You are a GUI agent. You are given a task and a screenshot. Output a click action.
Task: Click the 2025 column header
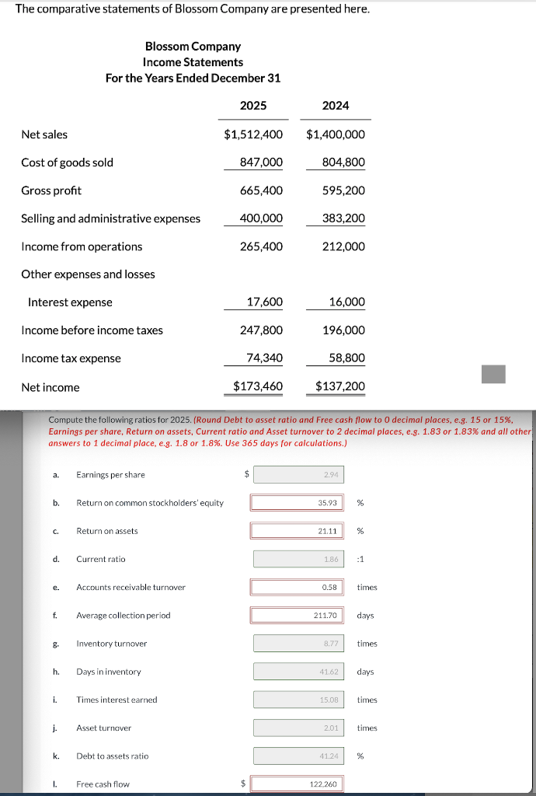pos(253,105)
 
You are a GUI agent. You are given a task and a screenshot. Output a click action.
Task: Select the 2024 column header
pos(336,105)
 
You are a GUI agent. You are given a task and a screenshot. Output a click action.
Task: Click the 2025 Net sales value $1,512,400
pos(253,134)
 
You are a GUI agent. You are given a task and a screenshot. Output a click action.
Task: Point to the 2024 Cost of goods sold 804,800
pos(343,162)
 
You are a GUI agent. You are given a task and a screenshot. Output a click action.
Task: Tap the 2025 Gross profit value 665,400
pos(262,190)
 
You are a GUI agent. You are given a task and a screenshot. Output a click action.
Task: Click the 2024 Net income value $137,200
pos(339,386)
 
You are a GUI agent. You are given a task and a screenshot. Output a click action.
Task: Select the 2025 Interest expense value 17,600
pos(264,302)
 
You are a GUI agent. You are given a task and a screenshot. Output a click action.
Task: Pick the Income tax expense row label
pos(71,358)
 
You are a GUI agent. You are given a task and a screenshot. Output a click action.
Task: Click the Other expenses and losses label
pos(88,274)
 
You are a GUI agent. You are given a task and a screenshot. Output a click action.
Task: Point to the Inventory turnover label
pos(111,644)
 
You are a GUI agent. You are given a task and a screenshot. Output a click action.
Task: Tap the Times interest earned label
pos(117,700)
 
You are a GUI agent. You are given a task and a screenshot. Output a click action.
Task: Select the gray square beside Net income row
pos(493,375)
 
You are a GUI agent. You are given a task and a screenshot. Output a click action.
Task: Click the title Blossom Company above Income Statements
pos(193,47)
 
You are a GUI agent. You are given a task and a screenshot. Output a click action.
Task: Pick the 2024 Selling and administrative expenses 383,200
pos(343,218)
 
